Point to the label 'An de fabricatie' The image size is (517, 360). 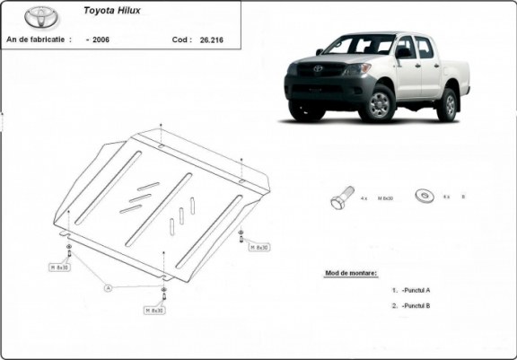coord(39,40)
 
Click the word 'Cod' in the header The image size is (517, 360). coord(180,40)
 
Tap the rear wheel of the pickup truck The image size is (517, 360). coord(447,104)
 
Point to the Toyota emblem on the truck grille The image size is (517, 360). coord(317,67)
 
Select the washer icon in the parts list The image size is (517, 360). coord(421,195)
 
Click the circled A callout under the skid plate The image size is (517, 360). coord(107,287)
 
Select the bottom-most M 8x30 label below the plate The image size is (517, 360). coord(153,310)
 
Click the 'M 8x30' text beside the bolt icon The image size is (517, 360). coord(386,196)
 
